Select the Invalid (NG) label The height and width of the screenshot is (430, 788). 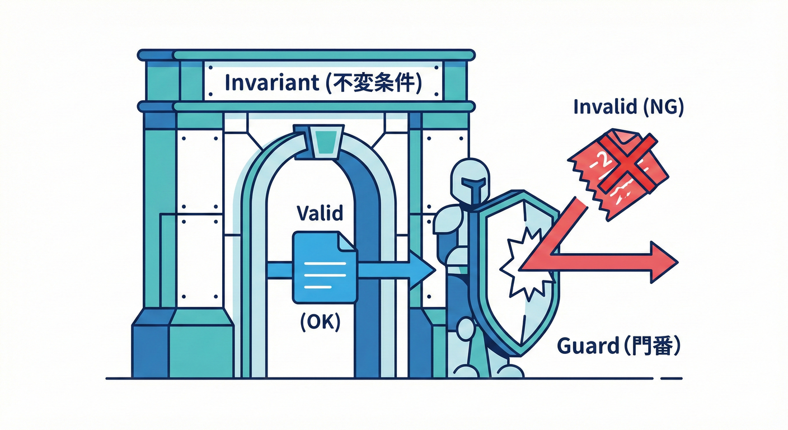(x=628, y=107)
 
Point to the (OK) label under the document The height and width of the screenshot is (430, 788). (x=320, y=323)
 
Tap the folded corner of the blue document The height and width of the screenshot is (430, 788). (x=348, y=241)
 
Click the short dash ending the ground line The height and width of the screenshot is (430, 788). (x=672, y=378)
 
